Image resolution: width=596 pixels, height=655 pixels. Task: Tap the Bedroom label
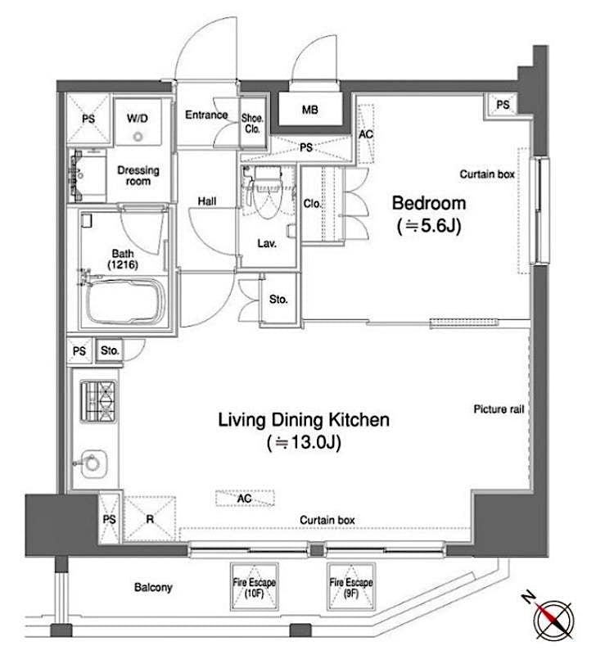428,214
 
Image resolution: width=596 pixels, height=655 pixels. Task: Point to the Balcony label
153,587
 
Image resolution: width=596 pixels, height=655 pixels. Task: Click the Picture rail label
498,409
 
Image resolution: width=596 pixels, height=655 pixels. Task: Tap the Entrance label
205,115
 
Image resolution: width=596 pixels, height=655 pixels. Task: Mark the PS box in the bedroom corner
503,105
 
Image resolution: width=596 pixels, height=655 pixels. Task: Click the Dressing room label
138,175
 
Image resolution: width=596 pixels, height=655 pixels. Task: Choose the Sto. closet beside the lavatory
278,300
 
